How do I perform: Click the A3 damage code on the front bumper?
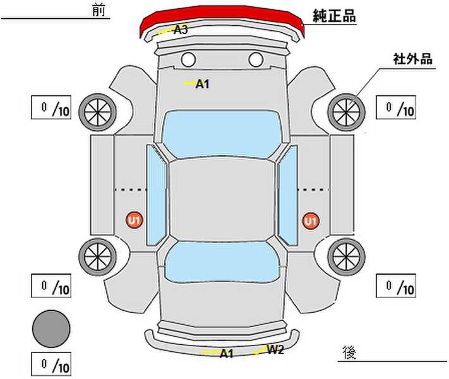181,30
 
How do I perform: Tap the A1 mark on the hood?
202,84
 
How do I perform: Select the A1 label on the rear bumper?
226,354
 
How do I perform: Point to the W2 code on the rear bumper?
275,349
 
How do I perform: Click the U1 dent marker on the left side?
135,220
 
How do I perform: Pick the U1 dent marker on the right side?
311,221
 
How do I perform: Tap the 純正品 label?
334,16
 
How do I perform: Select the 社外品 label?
412,59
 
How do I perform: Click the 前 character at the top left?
99,10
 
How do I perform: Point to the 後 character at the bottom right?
349,352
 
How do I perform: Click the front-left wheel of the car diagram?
98,112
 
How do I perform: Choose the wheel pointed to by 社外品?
346,112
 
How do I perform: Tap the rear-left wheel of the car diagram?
98,256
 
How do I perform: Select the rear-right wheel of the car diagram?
346,256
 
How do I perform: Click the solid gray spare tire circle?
51,329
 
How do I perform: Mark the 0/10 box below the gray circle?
51,364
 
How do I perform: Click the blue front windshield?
222,134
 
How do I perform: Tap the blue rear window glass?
222,262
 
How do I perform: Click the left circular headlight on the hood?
188,59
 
